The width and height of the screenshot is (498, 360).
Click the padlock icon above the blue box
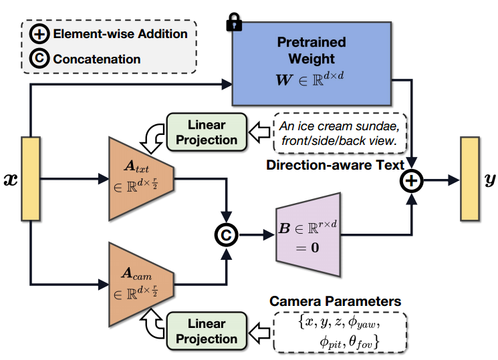pos(234,23)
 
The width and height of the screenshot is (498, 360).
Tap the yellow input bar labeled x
pos(31,179)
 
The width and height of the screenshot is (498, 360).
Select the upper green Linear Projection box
pos(207,132)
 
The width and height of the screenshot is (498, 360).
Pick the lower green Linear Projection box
pos(207,331)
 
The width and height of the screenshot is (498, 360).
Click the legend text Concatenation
pos(97,59)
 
